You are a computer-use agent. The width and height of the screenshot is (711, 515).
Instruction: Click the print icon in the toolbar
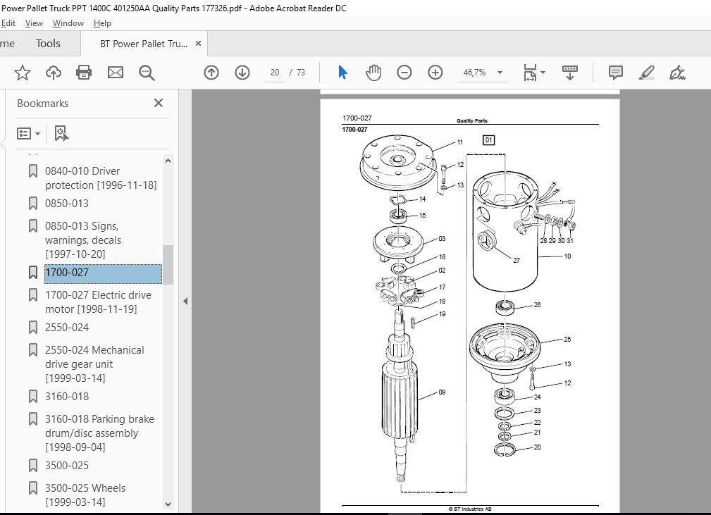84,73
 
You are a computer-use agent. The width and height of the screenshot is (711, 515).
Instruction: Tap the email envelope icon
115,73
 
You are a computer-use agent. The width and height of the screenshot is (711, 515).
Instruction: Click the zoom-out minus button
404,73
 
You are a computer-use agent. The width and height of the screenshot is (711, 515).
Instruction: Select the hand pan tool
373,73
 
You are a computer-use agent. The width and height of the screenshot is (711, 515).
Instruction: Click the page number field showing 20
275,73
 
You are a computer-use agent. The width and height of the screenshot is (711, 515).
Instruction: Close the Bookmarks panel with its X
159,103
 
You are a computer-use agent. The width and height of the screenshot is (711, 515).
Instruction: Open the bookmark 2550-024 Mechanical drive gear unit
94,364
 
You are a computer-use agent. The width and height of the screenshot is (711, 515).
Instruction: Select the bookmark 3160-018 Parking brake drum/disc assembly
99,433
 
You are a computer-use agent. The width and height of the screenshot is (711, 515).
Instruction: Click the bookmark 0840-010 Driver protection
101,178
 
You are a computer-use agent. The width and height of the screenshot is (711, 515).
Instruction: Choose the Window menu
68,23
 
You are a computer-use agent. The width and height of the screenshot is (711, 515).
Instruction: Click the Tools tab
48,44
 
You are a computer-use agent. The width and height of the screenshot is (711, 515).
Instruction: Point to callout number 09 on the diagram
442,392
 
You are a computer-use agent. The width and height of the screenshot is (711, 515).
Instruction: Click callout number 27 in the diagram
517,260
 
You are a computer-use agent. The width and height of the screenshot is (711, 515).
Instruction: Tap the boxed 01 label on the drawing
488,140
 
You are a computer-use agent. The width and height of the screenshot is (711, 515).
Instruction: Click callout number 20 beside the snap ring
538,447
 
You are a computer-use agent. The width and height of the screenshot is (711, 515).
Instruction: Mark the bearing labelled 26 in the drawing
505,307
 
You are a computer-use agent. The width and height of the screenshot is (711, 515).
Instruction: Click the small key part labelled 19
413,322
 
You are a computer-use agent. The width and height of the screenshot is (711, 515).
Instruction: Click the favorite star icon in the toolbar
23,73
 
